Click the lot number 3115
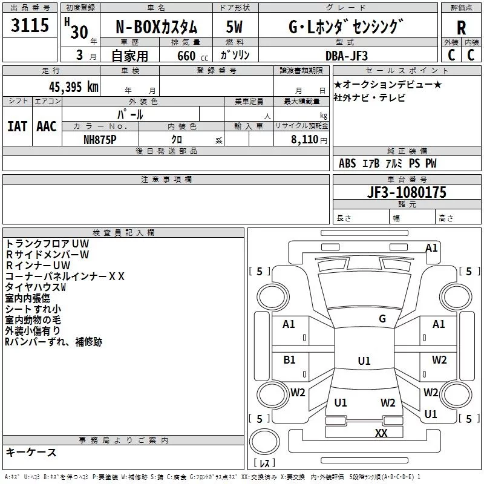30,27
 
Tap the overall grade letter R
462,28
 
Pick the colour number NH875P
100,139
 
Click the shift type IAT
17,126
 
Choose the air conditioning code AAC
47,126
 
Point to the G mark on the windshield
382,319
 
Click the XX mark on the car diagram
381,433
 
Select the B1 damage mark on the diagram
289,360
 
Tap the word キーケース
31,452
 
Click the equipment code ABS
347,163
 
